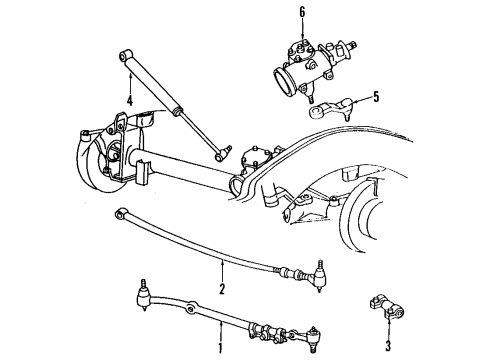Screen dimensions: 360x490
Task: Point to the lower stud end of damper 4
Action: (x=221, y=153)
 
